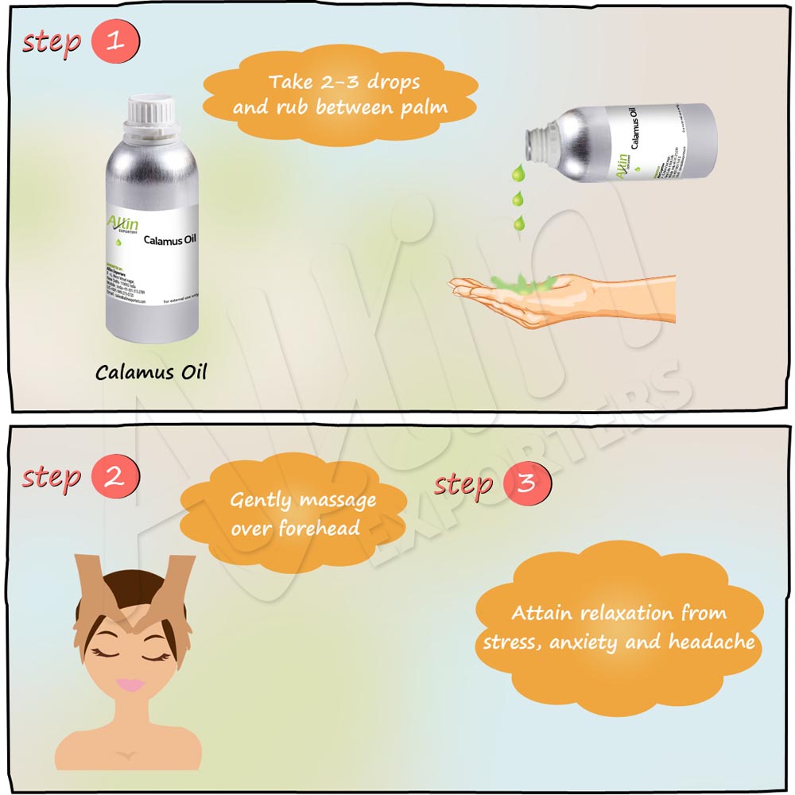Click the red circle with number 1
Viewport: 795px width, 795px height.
116,42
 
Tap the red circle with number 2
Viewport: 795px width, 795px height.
116,477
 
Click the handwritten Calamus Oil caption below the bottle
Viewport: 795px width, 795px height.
151,372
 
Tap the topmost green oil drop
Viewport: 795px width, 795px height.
518,172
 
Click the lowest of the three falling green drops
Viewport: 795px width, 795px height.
518,222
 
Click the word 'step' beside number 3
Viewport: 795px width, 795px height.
463,484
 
